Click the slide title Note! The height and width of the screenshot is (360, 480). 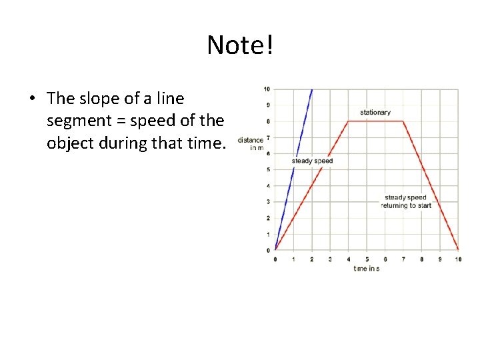pyautogui.click(x=240, y=45)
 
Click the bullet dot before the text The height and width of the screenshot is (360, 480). pyautogui.click(x=32, y=99)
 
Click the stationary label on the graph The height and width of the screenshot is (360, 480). pyautogui.click(x=375, y=113)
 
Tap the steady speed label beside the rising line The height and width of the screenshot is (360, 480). pyautogui.click(x=312, y=161)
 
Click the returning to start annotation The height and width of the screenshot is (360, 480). pyautogui.click(x=406, y=205)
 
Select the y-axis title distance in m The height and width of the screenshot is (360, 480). pyautogui.click(x=251, y=143)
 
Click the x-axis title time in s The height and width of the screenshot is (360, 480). pyautogui.click(x=367, y=268)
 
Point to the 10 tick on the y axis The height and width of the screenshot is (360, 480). pyautogui.click(x=266, y=89)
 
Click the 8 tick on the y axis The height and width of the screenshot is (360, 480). pyautogui.click(x=267, y=121)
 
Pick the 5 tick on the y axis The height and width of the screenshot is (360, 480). pyautogui.click(x=267, y=169)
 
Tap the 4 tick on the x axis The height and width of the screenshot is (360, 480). pyautogui.click(x=348, y=259)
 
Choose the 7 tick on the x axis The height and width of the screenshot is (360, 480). pyautogui.click(x=403, y=259)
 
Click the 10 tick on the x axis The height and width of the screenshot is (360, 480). pyautogui.click(x=458, y=259)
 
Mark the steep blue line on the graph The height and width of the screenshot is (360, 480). pyautogui.click(x=293, y=170)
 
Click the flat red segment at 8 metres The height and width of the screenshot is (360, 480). pyautogui.click(x=375, y=121)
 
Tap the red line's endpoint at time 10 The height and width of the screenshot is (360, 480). pyautogui.click(x=458, y=249)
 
